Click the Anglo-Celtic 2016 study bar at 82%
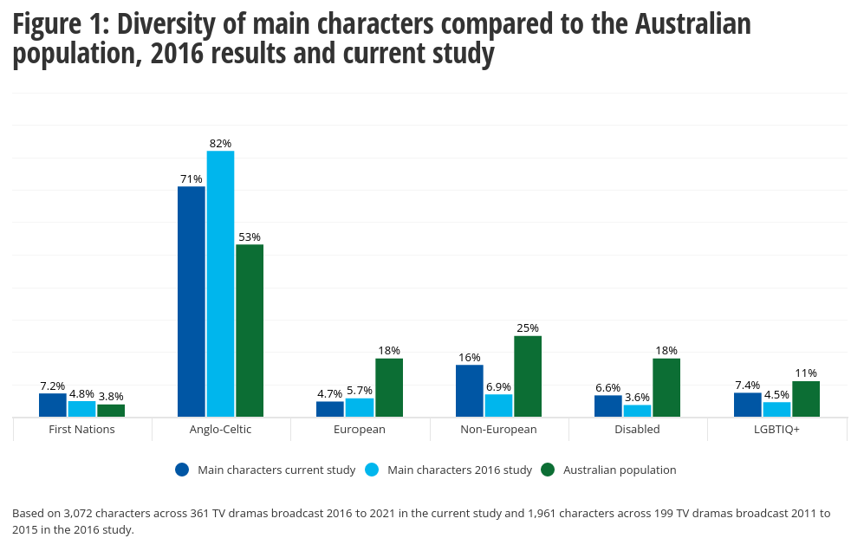220,283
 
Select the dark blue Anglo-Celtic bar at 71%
192,301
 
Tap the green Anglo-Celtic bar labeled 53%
250,330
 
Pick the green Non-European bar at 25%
527,376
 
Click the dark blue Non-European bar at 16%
470,391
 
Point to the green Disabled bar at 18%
666,387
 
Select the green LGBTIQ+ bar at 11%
805,399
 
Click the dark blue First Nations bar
53,405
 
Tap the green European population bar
388,387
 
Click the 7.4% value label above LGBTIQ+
747,386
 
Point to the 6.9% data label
498,386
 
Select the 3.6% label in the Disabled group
637,398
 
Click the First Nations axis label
82,429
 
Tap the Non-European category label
498,429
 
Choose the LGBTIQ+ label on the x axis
776,429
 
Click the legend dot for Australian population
547,470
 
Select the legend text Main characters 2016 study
459,470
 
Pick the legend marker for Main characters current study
182,470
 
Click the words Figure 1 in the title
57,26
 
